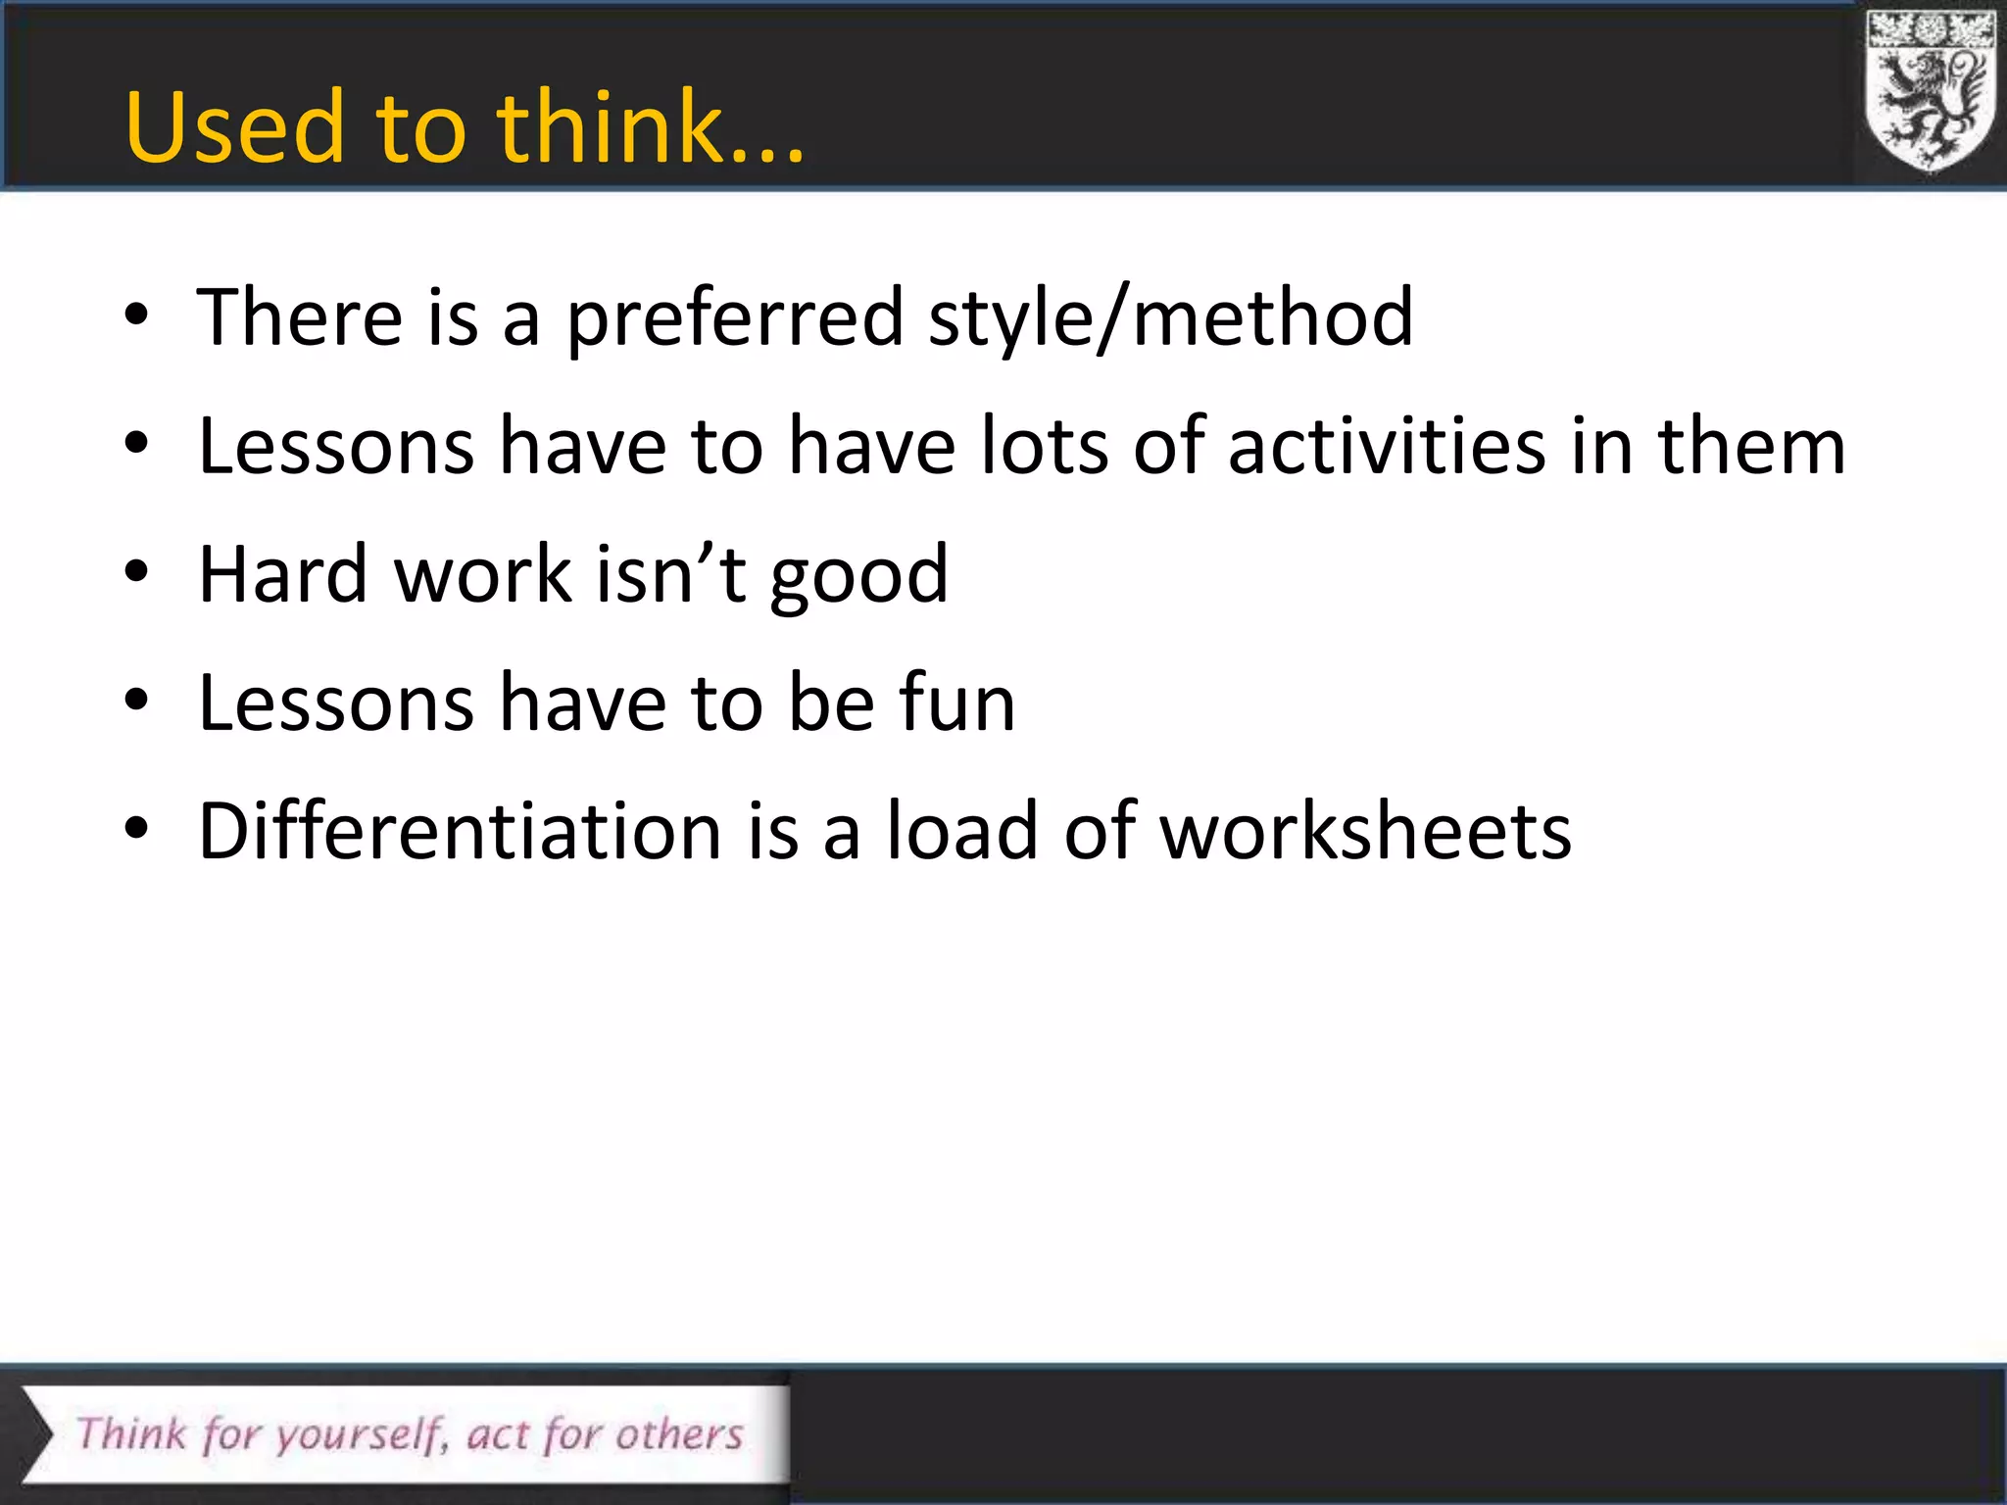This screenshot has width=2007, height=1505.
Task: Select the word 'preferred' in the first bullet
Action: coord(734,318)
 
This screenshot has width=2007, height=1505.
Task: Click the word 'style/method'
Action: coord(1170,318)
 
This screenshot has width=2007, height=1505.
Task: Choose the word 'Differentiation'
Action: coord(461,831)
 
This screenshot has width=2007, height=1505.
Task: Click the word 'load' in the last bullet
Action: coord(961,831)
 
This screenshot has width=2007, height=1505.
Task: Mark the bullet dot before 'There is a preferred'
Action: coord(136,316)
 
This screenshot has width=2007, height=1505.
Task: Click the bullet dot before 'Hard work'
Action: coord(136,572)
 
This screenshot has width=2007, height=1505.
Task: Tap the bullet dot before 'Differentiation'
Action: coord(136,829)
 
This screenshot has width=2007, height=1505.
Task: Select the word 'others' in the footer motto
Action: coord(679,1434)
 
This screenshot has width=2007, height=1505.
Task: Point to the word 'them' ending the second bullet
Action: coord(1751,447)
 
